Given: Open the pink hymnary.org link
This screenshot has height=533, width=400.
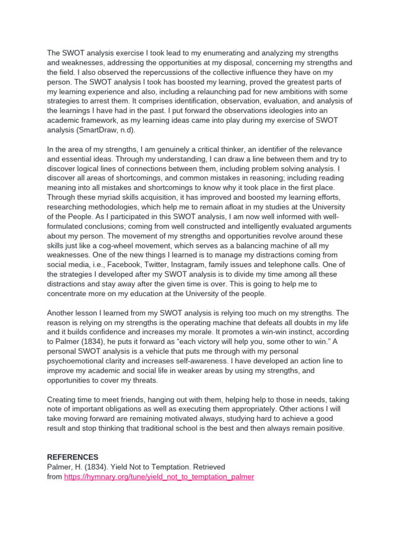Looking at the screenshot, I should point(159,476).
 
